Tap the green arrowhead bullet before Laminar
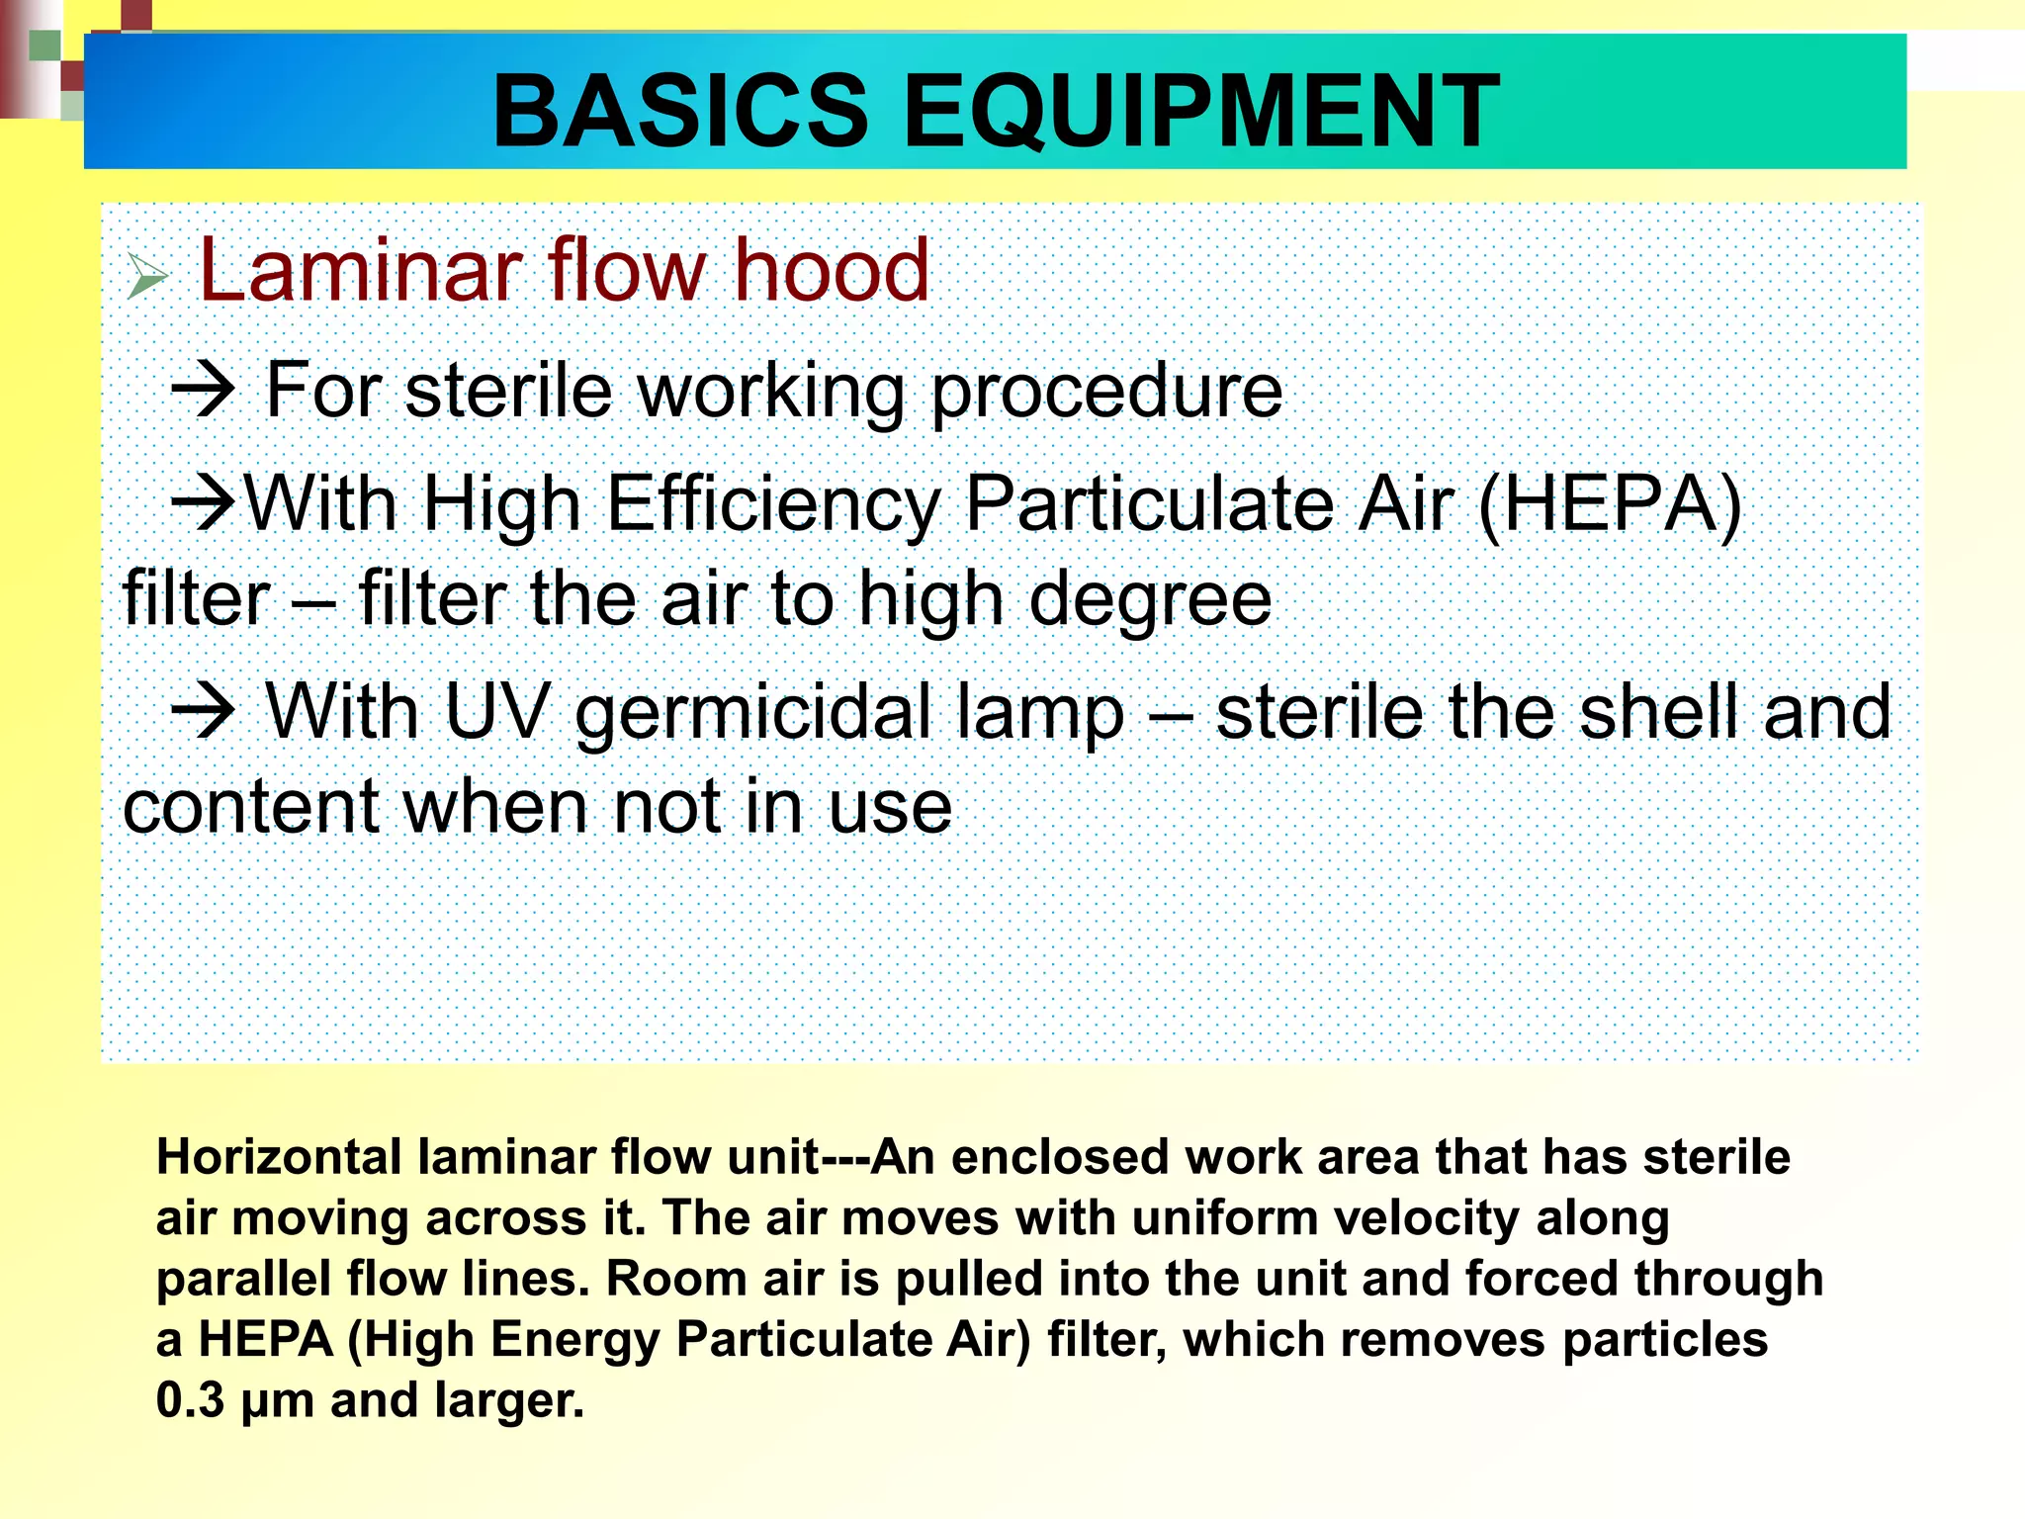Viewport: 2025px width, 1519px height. click(x=147, y=276)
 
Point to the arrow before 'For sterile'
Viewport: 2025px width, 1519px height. click(x=204, y=392)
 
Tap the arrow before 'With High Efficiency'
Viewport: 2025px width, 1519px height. click(x=204, y=503)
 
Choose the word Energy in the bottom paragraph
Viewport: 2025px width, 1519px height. click(x=574, y=1340)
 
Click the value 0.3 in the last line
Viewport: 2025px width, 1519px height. click(x=190, y=1401)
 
